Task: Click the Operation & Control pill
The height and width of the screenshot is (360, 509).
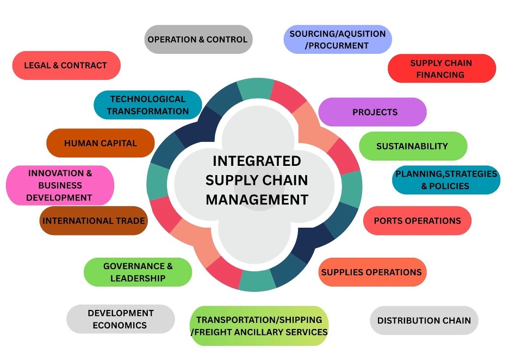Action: point(198,39)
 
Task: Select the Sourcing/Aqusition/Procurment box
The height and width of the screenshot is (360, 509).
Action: point(337,40)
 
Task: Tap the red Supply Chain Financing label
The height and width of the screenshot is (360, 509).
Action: point(441,69)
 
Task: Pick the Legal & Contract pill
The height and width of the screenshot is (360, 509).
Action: point(66,65)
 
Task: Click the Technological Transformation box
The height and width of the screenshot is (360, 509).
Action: point(147,105)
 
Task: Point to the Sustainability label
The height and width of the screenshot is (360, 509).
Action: point(412,146)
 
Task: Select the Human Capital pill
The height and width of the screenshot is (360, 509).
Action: point(101,143)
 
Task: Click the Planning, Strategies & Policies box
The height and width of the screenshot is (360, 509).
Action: point(446,180)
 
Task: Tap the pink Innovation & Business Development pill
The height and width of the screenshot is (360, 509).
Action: point(60,185)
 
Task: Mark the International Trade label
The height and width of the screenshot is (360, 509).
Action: point(94,220)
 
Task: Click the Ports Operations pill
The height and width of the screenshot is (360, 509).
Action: point(417,220)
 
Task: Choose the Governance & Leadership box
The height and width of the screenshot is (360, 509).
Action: point(138,272)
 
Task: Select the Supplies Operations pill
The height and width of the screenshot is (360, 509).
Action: point(371,272)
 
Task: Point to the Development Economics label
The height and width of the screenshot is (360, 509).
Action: point(120,319)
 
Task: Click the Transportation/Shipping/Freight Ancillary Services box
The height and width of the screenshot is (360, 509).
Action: point(259,326)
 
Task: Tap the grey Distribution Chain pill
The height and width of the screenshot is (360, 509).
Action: point(424,320)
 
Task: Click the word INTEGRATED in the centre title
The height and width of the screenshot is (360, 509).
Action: point(257,161)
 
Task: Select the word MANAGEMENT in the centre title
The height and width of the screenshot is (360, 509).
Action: point(257,199)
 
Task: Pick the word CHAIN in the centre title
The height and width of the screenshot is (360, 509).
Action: point(285,180)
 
